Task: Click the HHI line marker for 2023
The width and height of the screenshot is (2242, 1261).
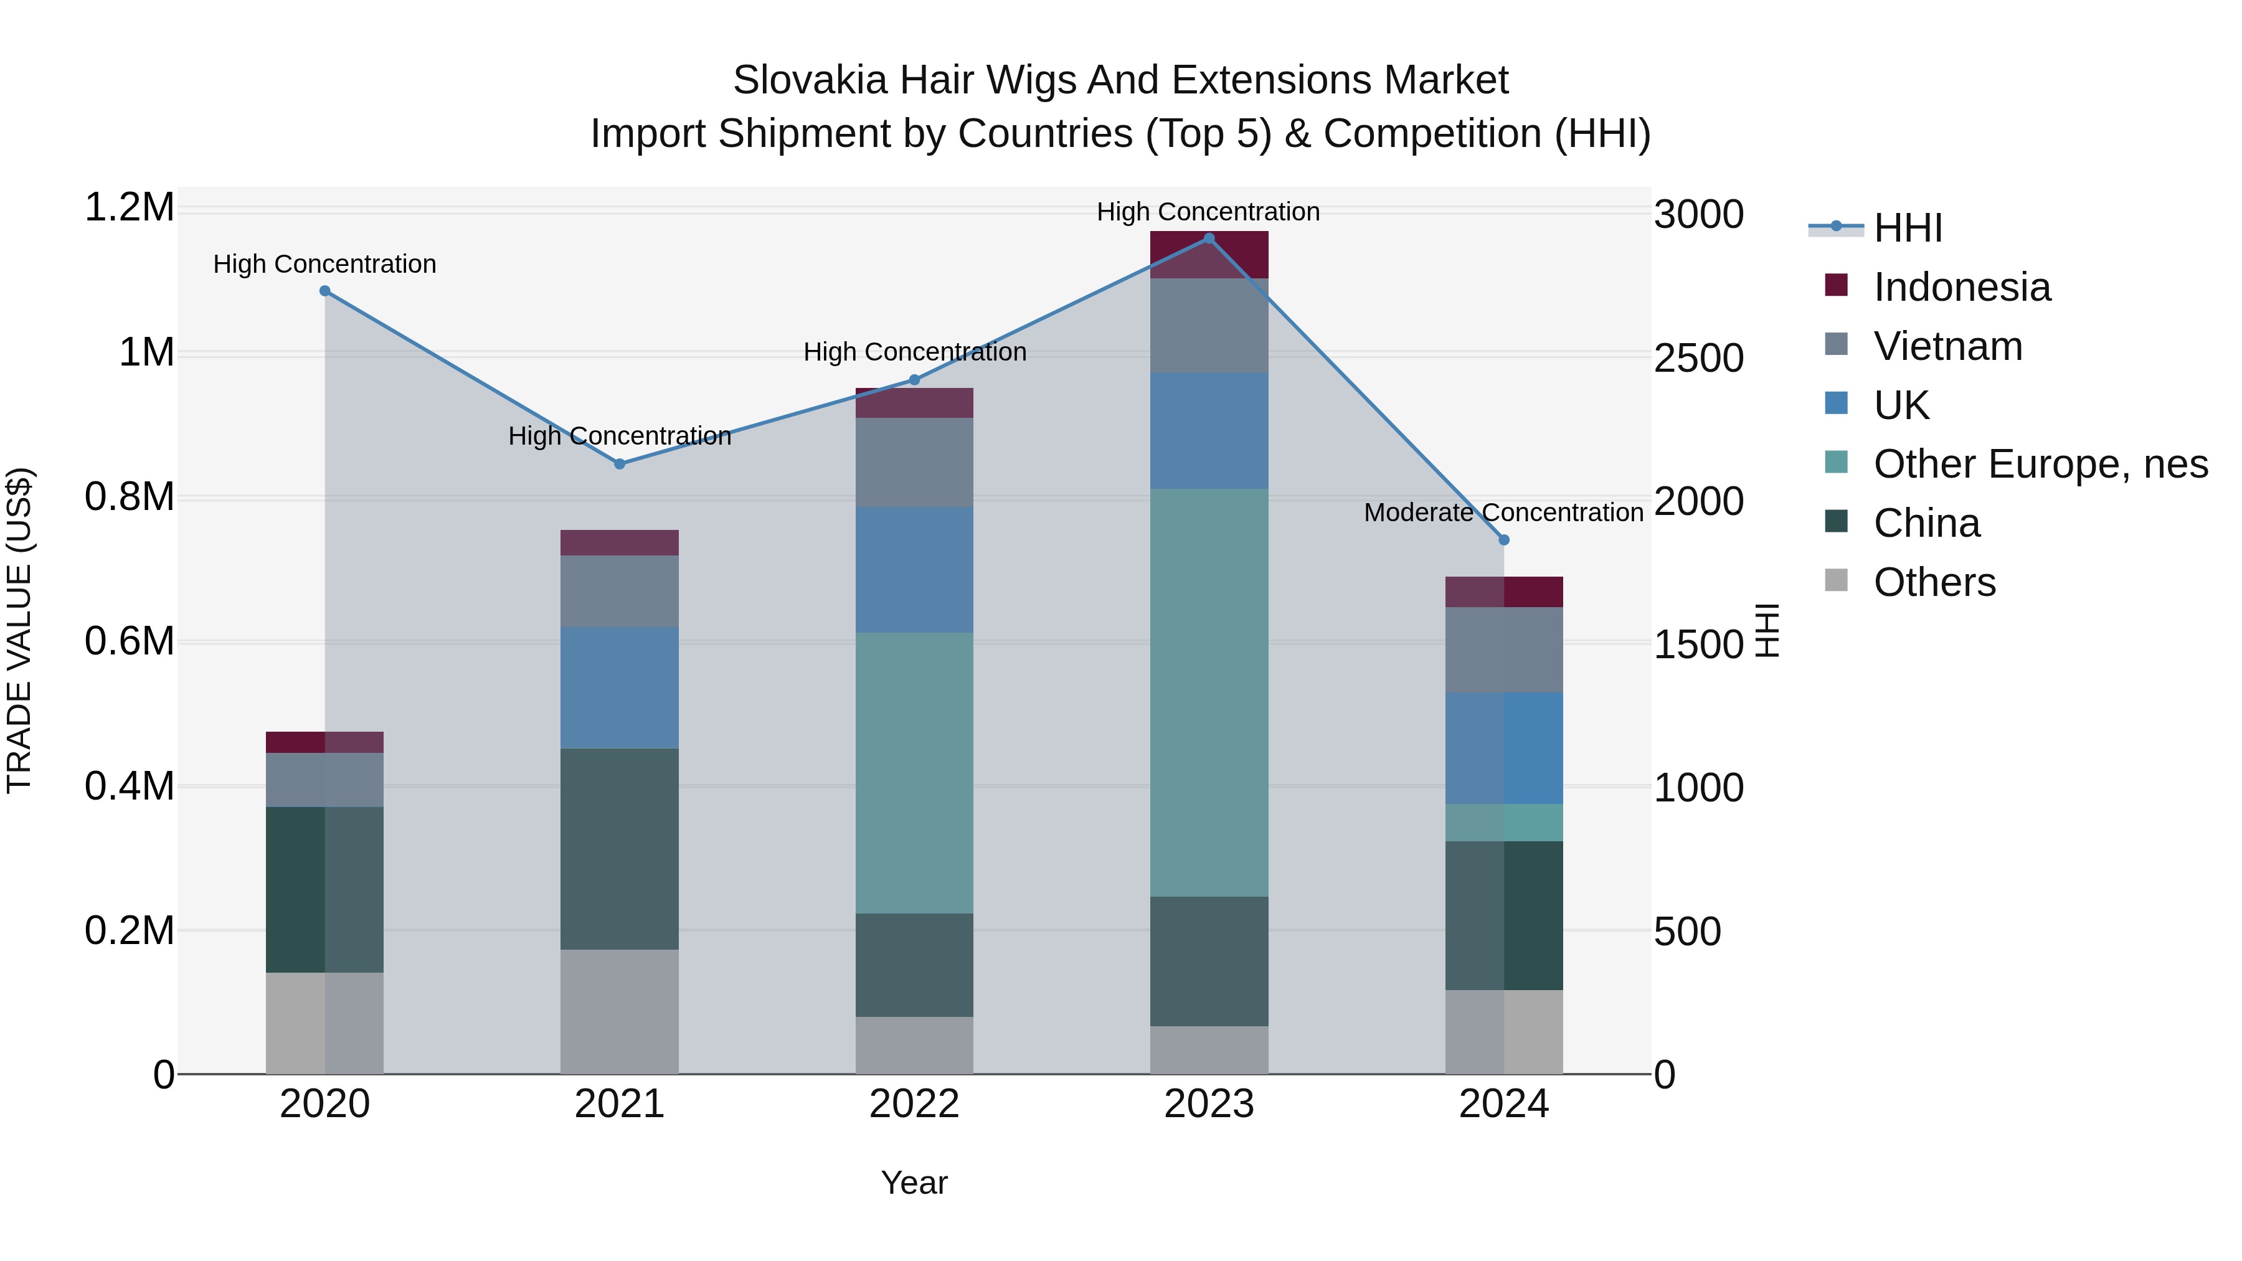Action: point(1209,239)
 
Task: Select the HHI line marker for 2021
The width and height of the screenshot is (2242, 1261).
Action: point(620,464)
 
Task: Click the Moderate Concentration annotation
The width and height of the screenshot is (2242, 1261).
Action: point(1503,512)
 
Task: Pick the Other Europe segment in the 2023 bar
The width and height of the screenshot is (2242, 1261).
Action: point(1209,692)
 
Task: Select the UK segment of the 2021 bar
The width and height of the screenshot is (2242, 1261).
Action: point(620,687)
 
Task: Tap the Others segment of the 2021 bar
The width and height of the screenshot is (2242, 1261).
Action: point(620,1011)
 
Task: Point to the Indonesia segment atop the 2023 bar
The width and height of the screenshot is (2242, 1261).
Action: point(1209,255)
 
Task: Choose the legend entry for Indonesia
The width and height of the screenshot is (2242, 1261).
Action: point(1961,287)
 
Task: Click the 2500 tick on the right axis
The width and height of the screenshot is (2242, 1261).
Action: point(1698,357)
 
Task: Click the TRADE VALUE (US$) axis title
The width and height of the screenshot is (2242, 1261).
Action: point(19,630)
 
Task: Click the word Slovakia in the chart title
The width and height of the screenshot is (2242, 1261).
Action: point(810,80)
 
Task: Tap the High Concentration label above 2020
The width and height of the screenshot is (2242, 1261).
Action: point(324,263)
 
